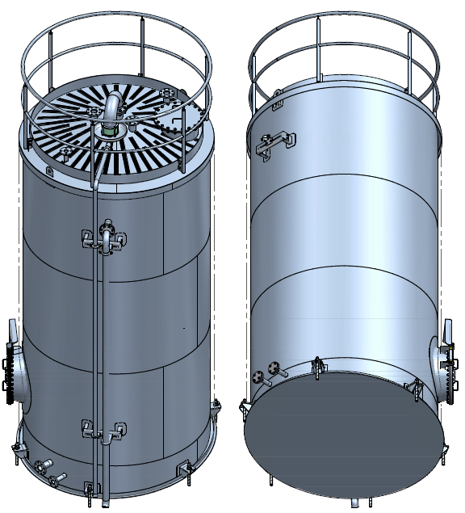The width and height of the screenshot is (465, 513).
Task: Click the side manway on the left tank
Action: pos(11,376)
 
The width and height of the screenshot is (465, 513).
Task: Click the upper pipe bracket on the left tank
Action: pos(104,239)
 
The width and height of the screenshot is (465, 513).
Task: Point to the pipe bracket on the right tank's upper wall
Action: pos(272,142)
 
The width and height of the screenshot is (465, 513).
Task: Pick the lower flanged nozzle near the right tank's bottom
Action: pos(258,378)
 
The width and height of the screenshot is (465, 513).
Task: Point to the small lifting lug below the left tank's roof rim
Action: pos(48,171)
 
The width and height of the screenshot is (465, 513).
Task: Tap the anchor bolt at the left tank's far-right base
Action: pos(216,407)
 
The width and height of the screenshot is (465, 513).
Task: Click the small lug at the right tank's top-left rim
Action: pos(278,100)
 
